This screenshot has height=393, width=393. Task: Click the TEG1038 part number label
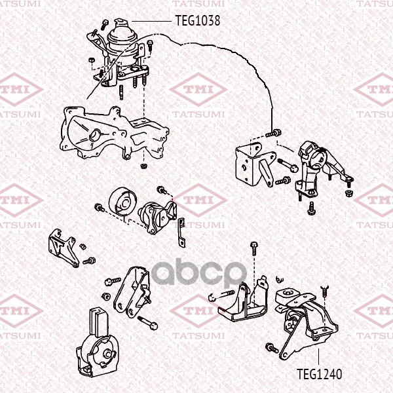[198, 20]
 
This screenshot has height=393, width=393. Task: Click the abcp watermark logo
[198, 274]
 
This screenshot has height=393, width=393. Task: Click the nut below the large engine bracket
[143, 166]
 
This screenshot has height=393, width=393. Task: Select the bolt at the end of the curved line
[273, 134]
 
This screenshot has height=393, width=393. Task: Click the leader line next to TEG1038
[152, 22]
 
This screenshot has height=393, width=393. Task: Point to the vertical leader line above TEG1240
[318, 357]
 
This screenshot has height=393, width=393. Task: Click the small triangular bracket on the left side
[62, 248]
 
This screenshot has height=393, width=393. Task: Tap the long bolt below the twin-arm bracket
[147, 323]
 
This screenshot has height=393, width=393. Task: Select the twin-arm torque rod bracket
[132, 291]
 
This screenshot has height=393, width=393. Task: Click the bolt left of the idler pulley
[100, 208]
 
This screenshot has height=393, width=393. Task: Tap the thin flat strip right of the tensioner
[182, 233]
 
